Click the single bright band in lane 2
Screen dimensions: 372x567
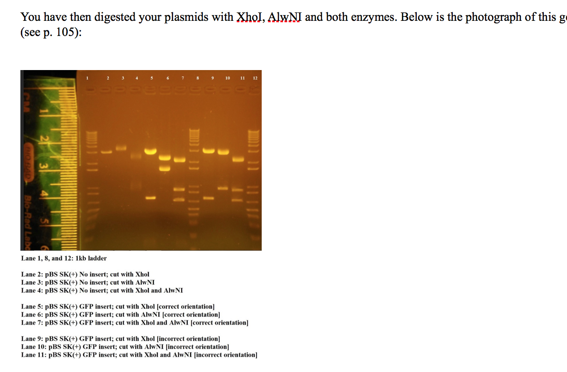point(107,152)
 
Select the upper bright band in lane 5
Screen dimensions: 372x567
point(150,151)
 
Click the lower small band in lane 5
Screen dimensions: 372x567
point(150,198)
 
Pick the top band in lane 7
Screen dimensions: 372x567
point(179,160)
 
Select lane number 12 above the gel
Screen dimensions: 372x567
point(255,78)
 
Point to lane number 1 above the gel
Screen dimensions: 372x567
point(88,78)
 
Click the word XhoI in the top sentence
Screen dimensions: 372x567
point(249,18)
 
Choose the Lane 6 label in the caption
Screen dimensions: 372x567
point(32,315)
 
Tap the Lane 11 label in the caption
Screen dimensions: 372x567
point(34,355)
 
